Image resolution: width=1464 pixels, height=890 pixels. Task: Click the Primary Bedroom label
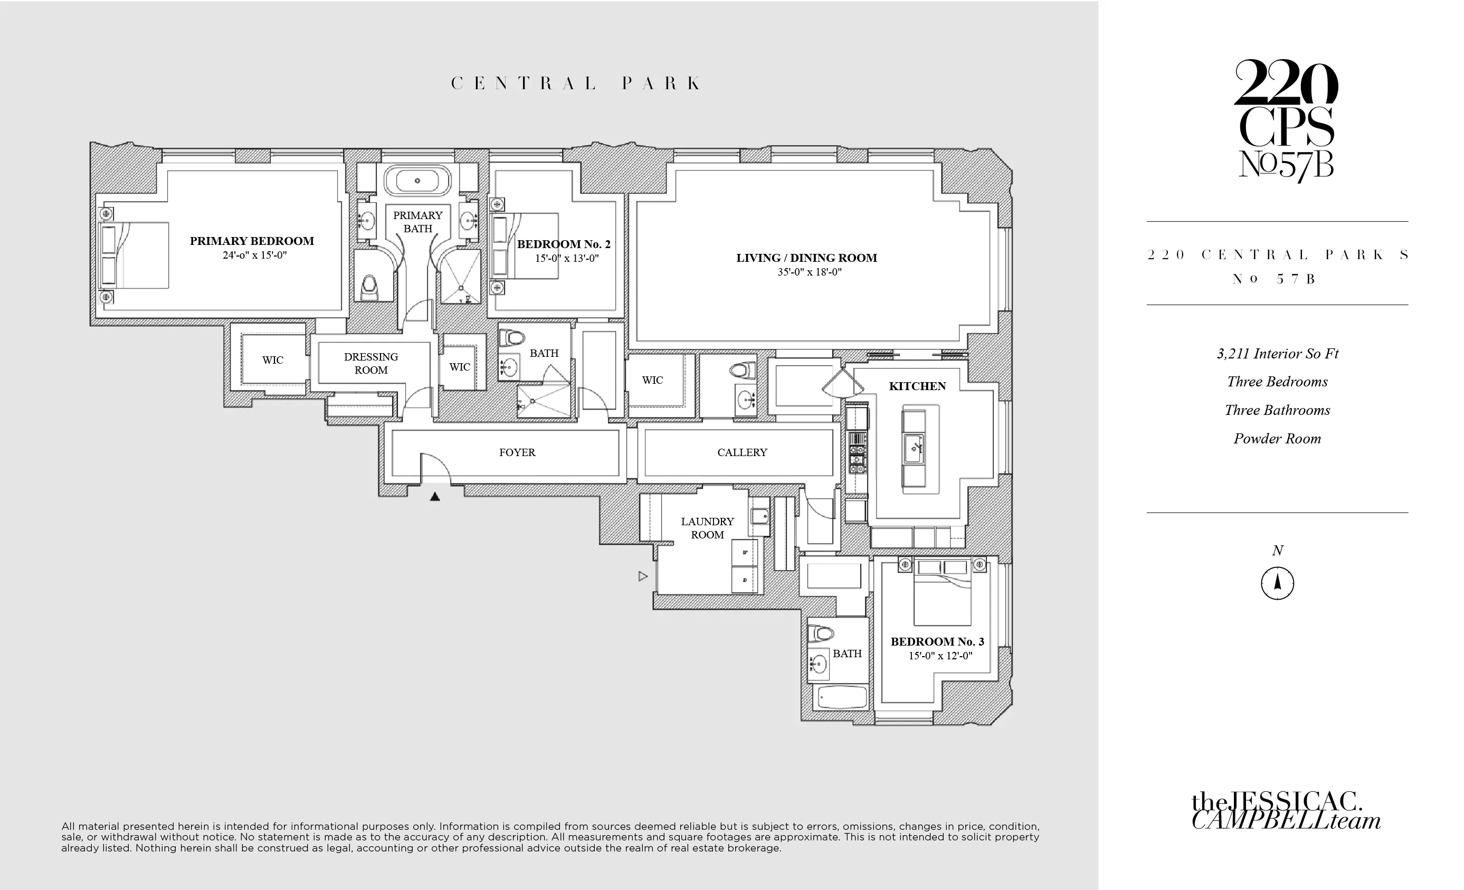[252, 241]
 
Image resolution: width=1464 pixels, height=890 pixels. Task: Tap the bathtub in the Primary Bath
[417, 180]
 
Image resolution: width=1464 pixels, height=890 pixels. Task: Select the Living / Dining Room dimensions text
[809, 272]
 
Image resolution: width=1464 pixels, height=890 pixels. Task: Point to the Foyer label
[517, 452]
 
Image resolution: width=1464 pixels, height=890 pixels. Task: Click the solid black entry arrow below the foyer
[435, 496]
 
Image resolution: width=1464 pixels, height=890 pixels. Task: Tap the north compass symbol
[1277, 583]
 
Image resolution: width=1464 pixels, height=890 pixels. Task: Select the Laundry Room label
[707, 527]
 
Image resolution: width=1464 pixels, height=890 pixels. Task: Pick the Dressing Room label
[371, 363]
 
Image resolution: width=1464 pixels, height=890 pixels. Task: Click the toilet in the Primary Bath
[369, 287]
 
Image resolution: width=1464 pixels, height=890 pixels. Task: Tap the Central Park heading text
[576, 83]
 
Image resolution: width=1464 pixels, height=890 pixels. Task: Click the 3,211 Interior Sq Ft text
[1277, 354]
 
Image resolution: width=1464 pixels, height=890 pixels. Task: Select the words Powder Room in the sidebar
[1277, 439]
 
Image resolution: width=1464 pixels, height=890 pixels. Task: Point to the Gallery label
[742, 452]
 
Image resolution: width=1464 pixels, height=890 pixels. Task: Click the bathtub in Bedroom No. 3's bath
[842, 696]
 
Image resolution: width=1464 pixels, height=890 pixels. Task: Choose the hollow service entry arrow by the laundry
[642, 576]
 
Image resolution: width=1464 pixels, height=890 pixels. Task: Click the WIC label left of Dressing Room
[273, 360]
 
